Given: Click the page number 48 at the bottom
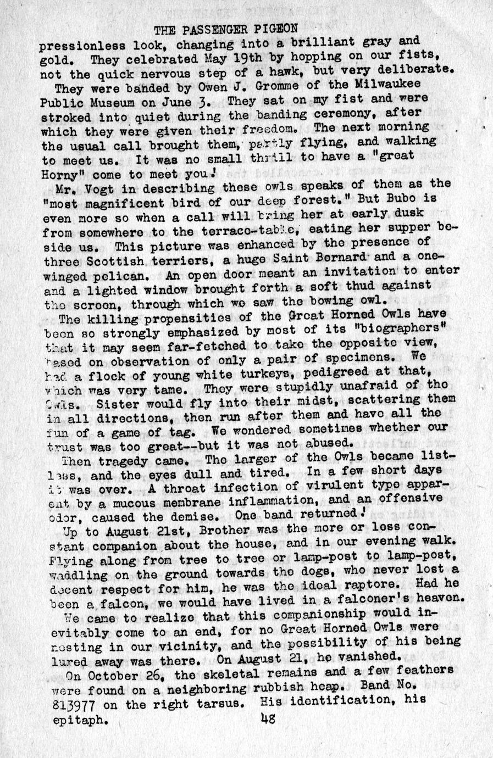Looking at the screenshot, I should pyautogui.click(x=268, y=718).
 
